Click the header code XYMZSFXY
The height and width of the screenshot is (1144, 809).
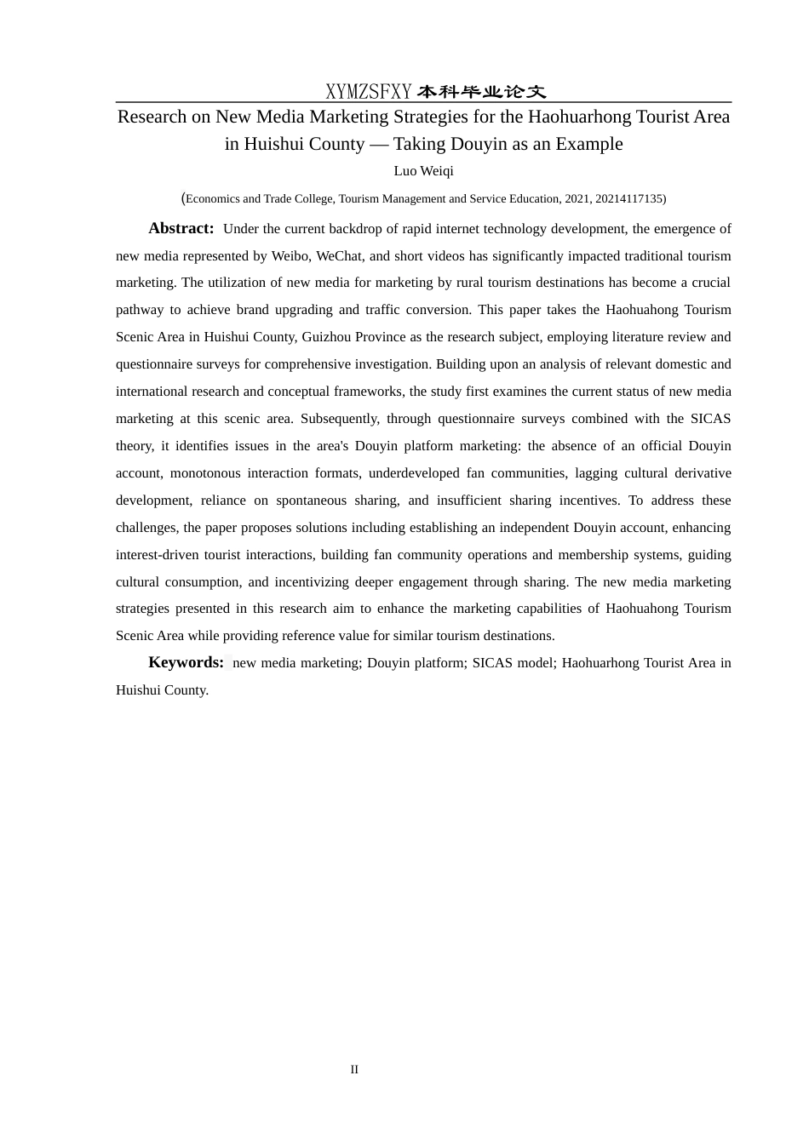coord(369,91)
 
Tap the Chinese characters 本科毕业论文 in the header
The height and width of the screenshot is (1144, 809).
coord(481,91)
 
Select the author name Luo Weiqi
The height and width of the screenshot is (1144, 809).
coord(423,171)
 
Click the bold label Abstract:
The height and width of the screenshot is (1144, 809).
coord(181,228)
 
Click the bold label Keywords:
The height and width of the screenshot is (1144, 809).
coord(186,662)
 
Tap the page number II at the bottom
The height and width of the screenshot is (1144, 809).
coord(354,1069)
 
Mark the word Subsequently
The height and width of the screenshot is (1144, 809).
coord(340,419)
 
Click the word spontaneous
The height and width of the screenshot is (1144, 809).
coord(311,500)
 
